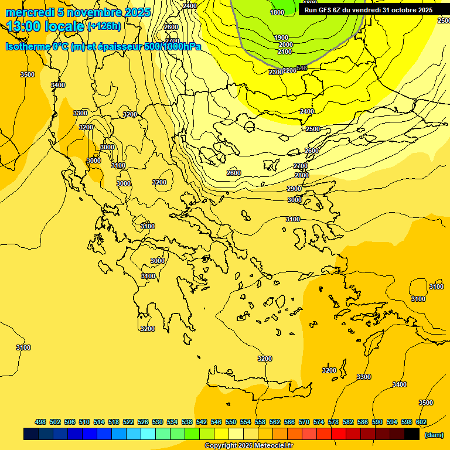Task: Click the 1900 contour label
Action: pyautogui.click(x=281, y=37)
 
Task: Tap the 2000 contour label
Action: pyautogui.click(x=285, y=45)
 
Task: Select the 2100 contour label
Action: pyautogui.click(x=285, y=52)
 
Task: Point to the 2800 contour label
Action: pyautogui.click(x=302, y=175)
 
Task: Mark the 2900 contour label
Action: pyautogui.click(x=294, y=189)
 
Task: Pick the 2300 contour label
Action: pyautogui.click(x=276, y=72)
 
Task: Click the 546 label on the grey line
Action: pyautogui.click(x=302, y=68)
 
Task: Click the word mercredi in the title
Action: pyautogui.click(x=28, y=12)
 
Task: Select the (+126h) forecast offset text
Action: pyautogui.click(x=104, y=26)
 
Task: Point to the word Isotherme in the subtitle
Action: pyautogui.click(x=28, y=46)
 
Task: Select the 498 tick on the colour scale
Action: pyautogui.click(x=40, y=422)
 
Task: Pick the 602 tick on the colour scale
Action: pyautogui.click(x=421, y=422)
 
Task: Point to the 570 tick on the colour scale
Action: pyautogui.click(x=304, y=422)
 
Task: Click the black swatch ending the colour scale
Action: pyautogui.click(x=412, y=434)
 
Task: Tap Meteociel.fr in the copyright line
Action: pyautogui.click(x=272, y=446)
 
